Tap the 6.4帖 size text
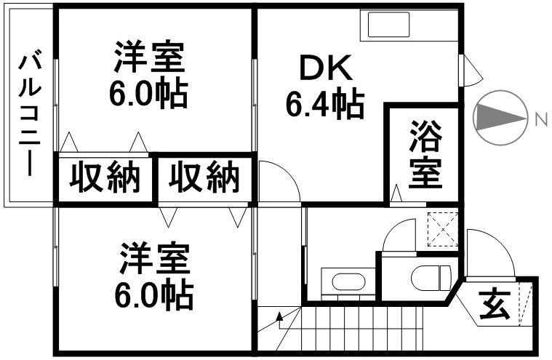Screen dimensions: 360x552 click(x=324, y=106)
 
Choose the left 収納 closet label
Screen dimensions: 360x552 click(x=105, y=177)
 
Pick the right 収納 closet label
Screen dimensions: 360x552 click(x=204, y=177)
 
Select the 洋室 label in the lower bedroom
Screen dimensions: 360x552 click(x=155, y=259)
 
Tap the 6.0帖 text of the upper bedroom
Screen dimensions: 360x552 click(x=150, y=92)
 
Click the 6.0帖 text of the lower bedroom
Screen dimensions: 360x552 click(x=155, y=294)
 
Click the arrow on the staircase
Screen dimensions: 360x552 click(x=281, y=317)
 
